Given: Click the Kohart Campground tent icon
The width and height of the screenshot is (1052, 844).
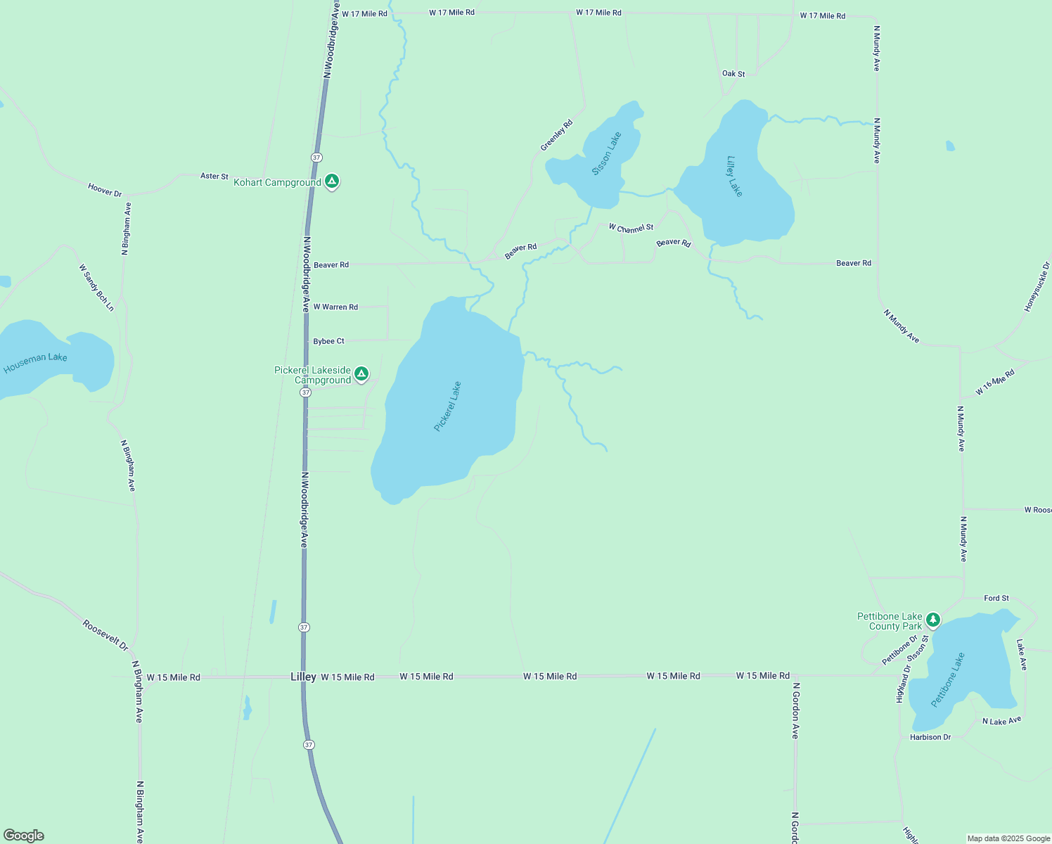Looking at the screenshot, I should (332, 181).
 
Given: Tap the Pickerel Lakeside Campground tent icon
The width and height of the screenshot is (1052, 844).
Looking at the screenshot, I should (361, 373).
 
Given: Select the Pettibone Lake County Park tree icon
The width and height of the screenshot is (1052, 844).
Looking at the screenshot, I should (932, 620).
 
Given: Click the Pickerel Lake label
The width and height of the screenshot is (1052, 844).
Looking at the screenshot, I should (447, 407).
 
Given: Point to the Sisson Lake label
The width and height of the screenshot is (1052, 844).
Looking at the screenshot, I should (606, 153).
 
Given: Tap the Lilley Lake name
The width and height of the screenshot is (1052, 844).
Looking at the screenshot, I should (735, 177).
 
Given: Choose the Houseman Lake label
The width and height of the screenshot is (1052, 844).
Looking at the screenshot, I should (35, 363).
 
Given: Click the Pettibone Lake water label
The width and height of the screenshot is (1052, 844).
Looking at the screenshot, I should (948, 680).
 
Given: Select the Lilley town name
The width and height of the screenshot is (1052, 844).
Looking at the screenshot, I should (303, 677).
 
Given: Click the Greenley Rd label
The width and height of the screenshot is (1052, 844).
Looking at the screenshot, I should (556, 135).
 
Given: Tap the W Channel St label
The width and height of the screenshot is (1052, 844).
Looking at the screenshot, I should (631, 228).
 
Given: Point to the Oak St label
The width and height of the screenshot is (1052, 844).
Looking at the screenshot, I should (733, 74).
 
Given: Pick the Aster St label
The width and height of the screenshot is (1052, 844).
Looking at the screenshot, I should (214, 176).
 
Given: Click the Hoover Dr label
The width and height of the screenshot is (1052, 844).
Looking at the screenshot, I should (105, 190).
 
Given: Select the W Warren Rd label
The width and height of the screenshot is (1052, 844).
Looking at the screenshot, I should (335, 307).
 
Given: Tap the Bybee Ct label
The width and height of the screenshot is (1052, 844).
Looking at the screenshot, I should (328, 341).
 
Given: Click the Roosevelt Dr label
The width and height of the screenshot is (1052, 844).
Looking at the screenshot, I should (105, 635).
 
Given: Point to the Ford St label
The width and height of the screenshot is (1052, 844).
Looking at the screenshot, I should (996, 599).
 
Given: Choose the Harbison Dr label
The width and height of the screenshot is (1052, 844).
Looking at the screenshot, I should (930, 737).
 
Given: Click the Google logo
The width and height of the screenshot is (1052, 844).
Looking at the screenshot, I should (24, 836).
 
